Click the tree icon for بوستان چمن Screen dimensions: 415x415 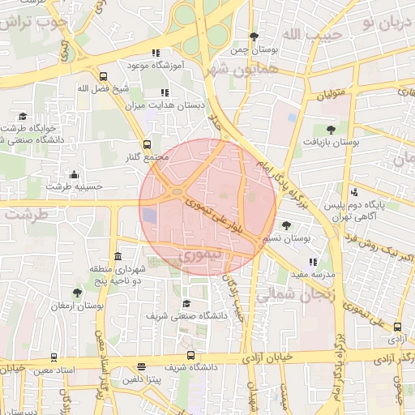(254, 36)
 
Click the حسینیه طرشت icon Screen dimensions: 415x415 (75, 174)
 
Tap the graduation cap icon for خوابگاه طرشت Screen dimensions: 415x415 (23, 117)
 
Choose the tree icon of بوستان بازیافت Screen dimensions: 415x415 (330, 130)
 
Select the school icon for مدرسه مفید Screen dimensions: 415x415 (313, 263)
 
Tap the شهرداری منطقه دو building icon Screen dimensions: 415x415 (118, 256)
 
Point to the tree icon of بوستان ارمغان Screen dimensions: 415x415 (77, 293)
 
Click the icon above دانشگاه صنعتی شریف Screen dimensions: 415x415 (186, 303)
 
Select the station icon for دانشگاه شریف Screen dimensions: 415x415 (190, 355)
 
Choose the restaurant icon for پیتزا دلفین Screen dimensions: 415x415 (143, 367)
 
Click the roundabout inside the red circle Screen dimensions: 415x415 (177, 192)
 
